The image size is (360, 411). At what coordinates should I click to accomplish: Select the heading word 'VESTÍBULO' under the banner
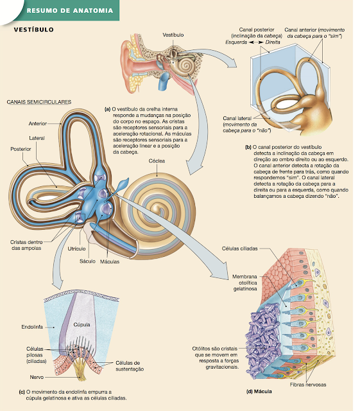coord(34,30)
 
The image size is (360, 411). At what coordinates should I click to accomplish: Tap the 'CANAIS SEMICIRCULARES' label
coord(39,102)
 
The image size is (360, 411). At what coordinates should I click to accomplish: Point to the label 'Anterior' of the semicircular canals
coord(40,123)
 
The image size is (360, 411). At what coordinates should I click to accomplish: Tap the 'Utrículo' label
coord(78,249)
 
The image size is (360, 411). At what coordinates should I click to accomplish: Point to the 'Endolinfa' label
coord(31,327)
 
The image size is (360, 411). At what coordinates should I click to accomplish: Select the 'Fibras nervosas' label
coord(308,385)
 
